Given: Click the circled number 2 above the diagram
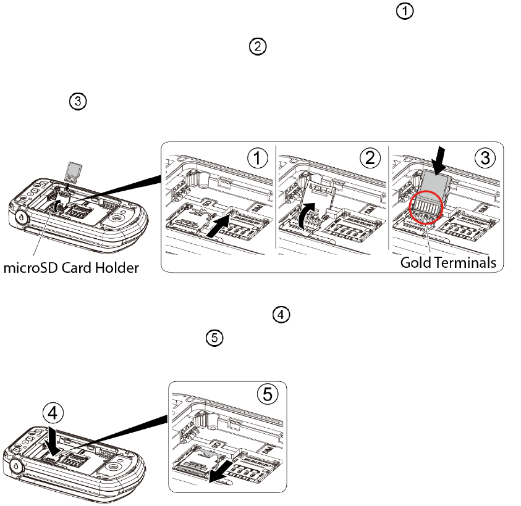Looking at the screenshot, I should tap(257, 47).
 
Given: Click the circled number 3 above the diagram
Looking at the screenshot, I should tap(78, 102).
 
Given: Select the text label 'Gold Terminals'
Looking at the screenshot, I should tap(448, 262).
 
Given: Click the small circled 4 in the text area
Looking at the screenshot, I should tap(281, 315).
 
